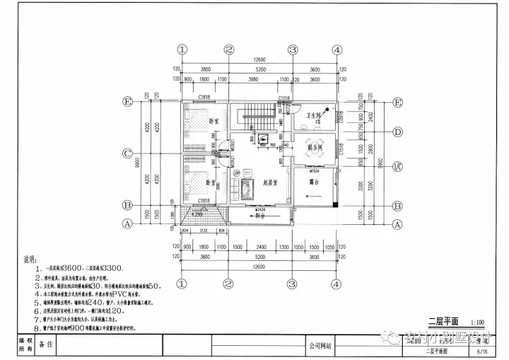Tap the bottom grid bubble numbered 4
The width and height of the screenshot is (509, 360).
click(337, 284)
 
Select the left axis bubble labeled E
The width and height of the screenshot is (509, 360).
click(128, 102)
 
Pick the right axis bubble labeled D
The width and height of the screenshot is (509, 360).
click(398, 131)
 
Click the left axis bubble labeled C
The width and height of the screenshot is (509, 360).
click(128, 153)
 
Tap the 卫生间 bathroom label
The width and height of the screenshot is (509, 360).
click(314, 115)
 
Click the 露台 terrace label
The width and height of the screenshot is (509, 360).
click(315, 182)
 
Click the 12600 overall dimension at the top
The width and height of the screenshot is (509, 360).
click(259, 60)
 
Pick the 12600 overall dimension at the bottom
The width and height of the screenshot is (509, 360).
click(259, 269)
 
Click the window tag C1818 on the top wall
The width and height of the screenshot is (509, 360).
click(204, 96)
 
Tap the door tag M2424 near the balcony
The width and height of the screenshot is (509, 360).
click(259, 210)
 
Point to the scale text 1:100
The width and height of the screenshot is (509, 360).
click(477, 320)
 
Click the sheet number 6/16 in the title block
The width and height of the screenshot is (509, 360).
click(483, 351)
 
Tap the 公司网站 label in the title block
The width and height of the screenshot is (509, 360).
click(320, 346)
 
